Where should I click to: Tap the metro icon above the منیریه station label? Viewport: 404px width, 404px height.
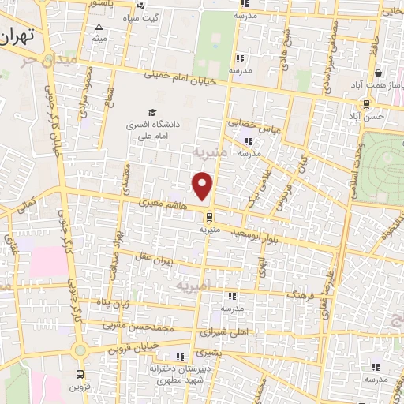point(208,216)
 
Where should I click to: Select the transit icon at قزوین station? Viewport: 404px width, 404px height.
point(80,376)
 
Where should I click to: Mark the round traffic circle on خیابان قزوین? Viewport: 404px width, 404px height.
point(79,350)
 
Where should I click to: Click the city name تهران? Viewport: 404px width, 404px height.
point(19,37)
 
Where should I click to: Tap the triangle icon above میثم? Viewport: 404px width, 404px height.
point(99,27)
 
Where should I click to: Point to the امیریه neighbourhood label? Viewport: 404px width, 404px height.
point(193,282)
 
